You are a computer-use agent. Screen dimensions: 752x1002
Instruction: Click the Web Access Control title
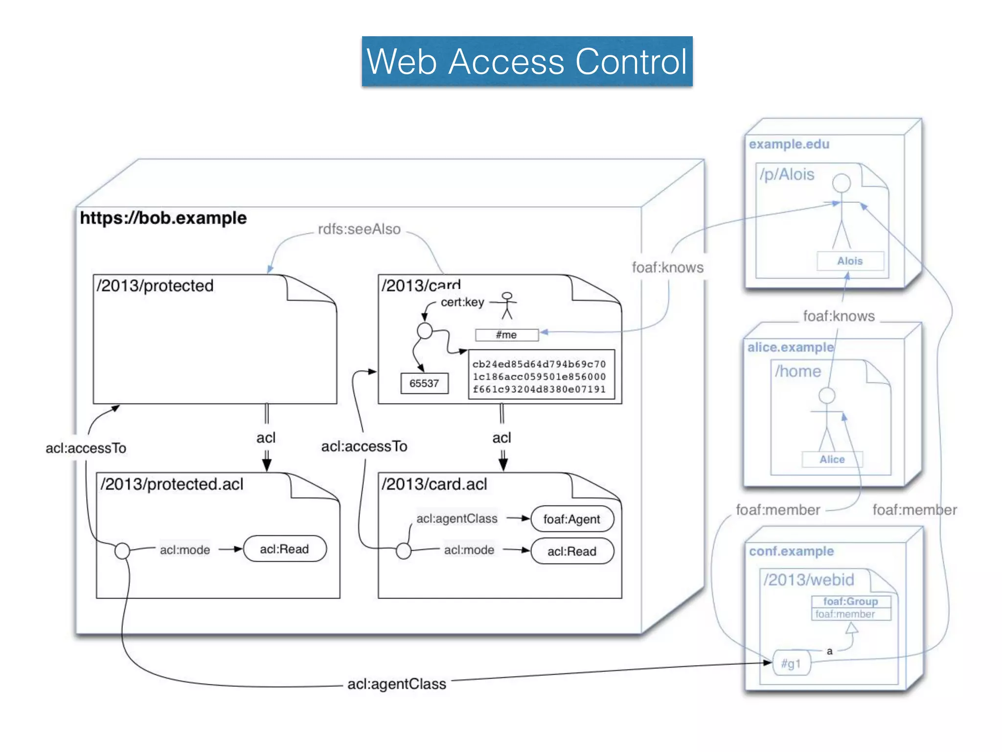[x=527, y=62]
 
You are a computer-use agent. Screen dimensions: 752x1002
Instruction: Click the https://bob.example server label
[x=163, y=218]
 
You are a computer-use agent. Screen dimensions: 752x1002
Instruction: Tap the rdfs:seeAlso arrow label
[x=359, y=229]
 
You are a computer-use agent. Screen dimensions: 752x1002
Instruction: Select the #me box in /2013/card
[x=506, y=335]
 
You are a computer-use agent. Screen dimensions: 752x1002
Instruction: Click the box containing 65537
[x=424, y=383]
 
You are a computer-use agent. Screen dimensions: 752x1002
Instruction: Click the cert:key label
[x=462, y=302]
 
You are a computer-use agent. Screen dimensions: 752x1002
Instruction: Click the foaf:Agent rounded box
[x=571, y=519]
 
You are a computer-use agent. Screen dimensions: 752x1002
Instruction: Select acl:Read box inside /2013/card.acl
[x=571, y=551]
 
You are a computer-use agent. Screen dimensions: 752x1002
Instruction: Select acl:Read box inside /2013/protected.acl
[x=284, y=549]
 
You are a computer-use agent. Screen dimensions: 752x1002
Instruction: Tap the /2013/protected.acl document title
[x=172, y=484]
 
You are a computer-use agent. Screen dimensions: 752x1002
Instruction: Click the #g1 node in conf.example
[x=791, y=664]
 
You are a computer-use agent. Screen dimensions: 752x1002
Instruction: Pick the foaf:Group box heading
[x=850, y=601]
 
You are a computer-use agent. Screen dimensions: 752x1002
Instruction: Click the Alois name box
[x=850, y=261]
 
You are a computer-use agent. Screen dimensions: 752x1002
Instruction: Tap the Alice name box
[x=832, y=459]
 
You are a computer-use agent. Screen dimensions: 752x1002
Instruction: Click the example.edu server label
[x=789, y=144]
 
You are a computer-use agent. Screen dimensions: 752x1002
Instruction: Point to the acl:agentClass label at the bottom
[x=396, y=684]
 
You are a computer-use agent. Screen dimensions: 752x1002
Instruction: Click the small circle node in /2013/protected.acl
[x=122, y=551]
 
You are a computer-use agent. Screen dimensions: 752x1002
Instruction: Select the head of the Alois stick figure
[x=842, y=183]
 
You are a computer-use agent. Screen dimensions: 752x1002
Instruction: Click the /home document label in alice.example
[x=798, y=371]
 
